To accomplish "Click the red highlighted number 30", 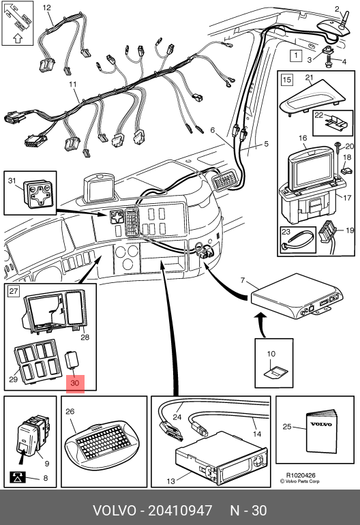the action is [75, 382].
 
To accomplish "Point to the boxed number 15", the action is [287, 80].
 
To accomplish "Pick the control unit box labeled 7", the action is [297, 297].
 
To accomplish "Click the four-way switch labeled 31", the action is [38, 194].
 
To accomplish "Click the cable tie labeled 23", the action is [297, 242].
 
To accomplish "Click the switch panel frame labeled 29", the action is [37, 361].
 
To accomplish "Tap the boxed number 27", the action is [14, 290].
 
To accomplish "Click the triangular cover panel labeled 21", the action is [312, 95].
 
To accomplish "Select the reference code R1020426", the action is [301, 475].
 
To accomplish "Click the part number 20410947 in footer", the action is [180, 511].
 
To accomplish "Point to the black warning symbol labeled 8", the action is [17, 477].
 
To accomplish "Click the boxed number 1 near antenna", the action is [296, 55].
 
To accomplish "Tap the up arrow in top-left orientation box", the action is [18, 38].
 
